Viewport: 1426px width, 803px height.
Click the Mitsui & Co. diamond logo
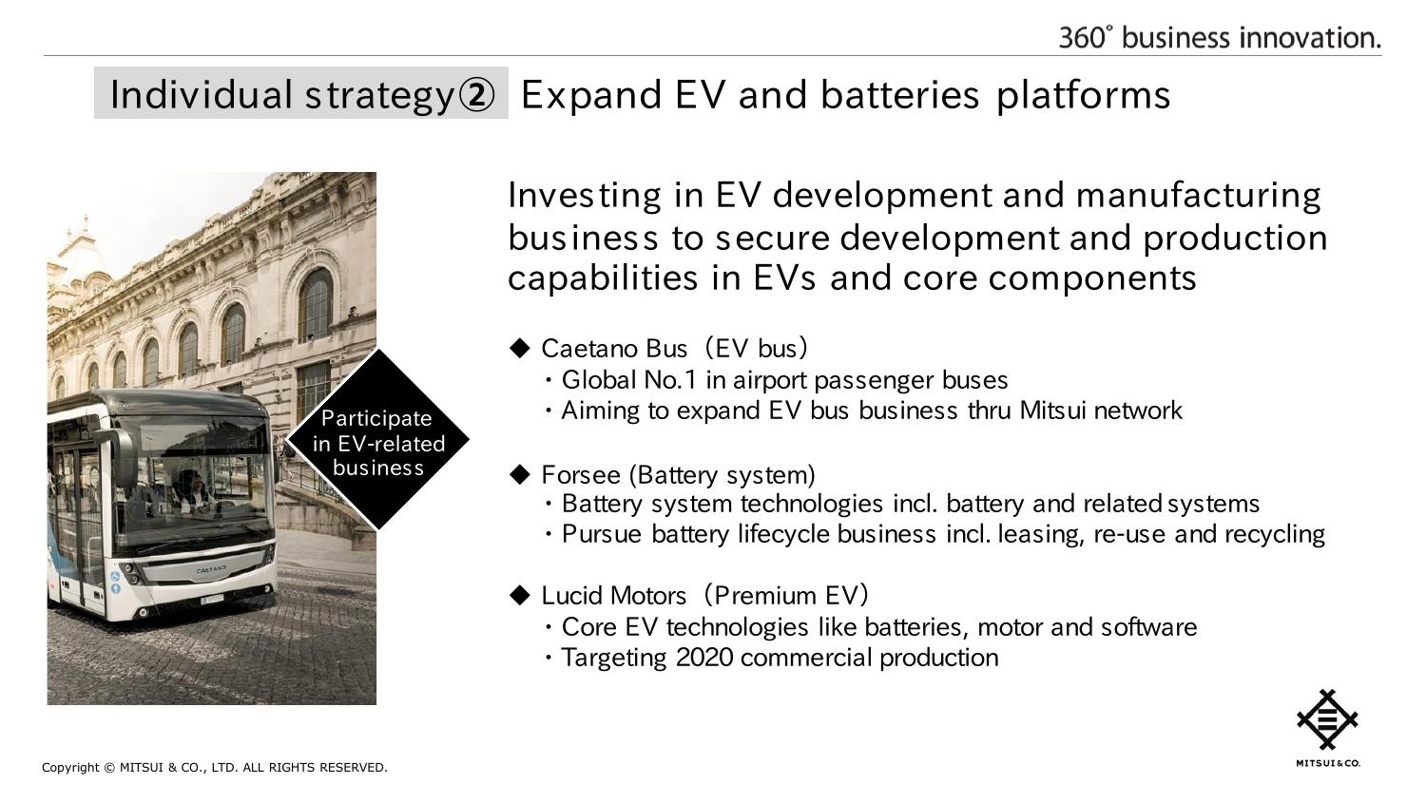point(1327,719)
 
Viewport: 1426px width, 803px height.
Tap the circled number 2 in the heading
point(476,95)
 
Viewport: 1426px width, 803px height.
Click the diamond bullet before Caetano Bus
point(520,348)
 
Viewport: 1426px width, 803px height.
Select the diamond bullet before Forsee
point(520,474)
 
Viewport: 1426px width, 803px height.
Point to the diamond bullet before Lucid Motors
point(520,595)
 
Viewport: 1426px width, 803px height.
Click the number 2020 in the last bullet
point(704,658)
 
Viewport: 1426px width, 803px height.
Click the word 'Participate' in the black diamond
point(376,419)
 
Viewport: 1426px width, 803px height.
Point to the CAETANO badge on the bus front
point(211,569)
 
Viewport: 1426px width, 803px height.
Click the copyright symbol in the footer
point(109,768)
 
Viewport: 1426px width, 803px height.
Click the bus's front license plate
point(211,600)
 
